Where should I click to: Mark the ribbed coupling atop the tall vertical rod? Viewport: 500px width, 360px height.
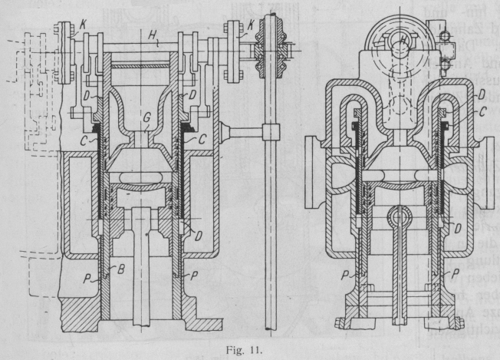click(271, 43)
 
